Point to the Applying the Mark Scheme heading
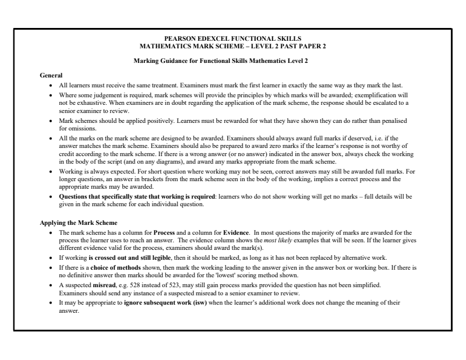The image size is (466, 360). [73, 223]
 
